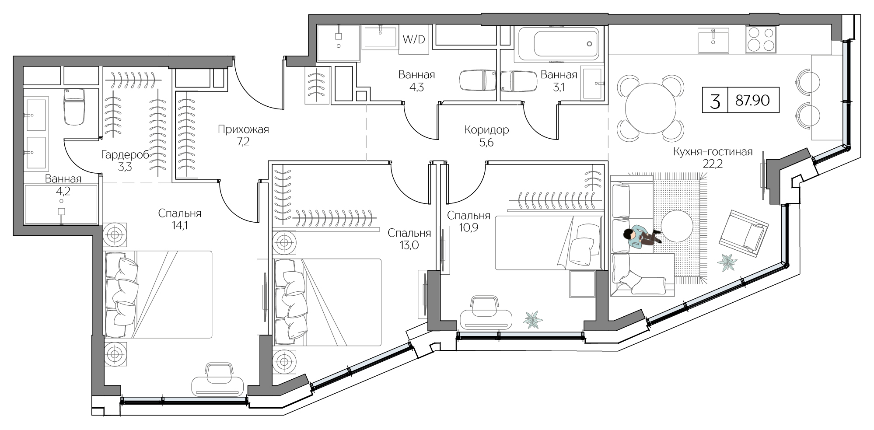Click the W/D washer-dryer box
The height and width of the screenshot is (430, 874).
point(413,40)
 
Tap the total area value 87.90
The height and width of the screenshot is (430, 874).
point(752,101)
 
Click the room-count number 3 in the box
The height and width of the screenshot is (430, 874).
point(715,101)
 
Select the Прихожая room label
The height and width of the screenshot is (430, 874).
point(243,129)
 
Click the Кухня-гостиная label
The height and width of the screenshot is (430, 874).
point(713,152)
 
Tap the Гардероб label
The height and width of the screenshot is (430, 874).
point(125,154)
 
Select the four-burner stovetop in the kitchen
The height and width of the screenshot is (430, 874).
point(761,39)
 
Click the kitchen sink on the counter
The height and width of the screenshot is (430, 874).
point(713,40)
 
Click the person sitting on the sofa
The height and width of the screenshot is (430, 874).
point(640,238)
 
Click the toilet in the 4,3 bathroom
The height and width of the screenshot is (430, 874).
point(477,80)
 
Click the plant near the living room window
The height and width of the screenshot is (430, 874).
point(727,263)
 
